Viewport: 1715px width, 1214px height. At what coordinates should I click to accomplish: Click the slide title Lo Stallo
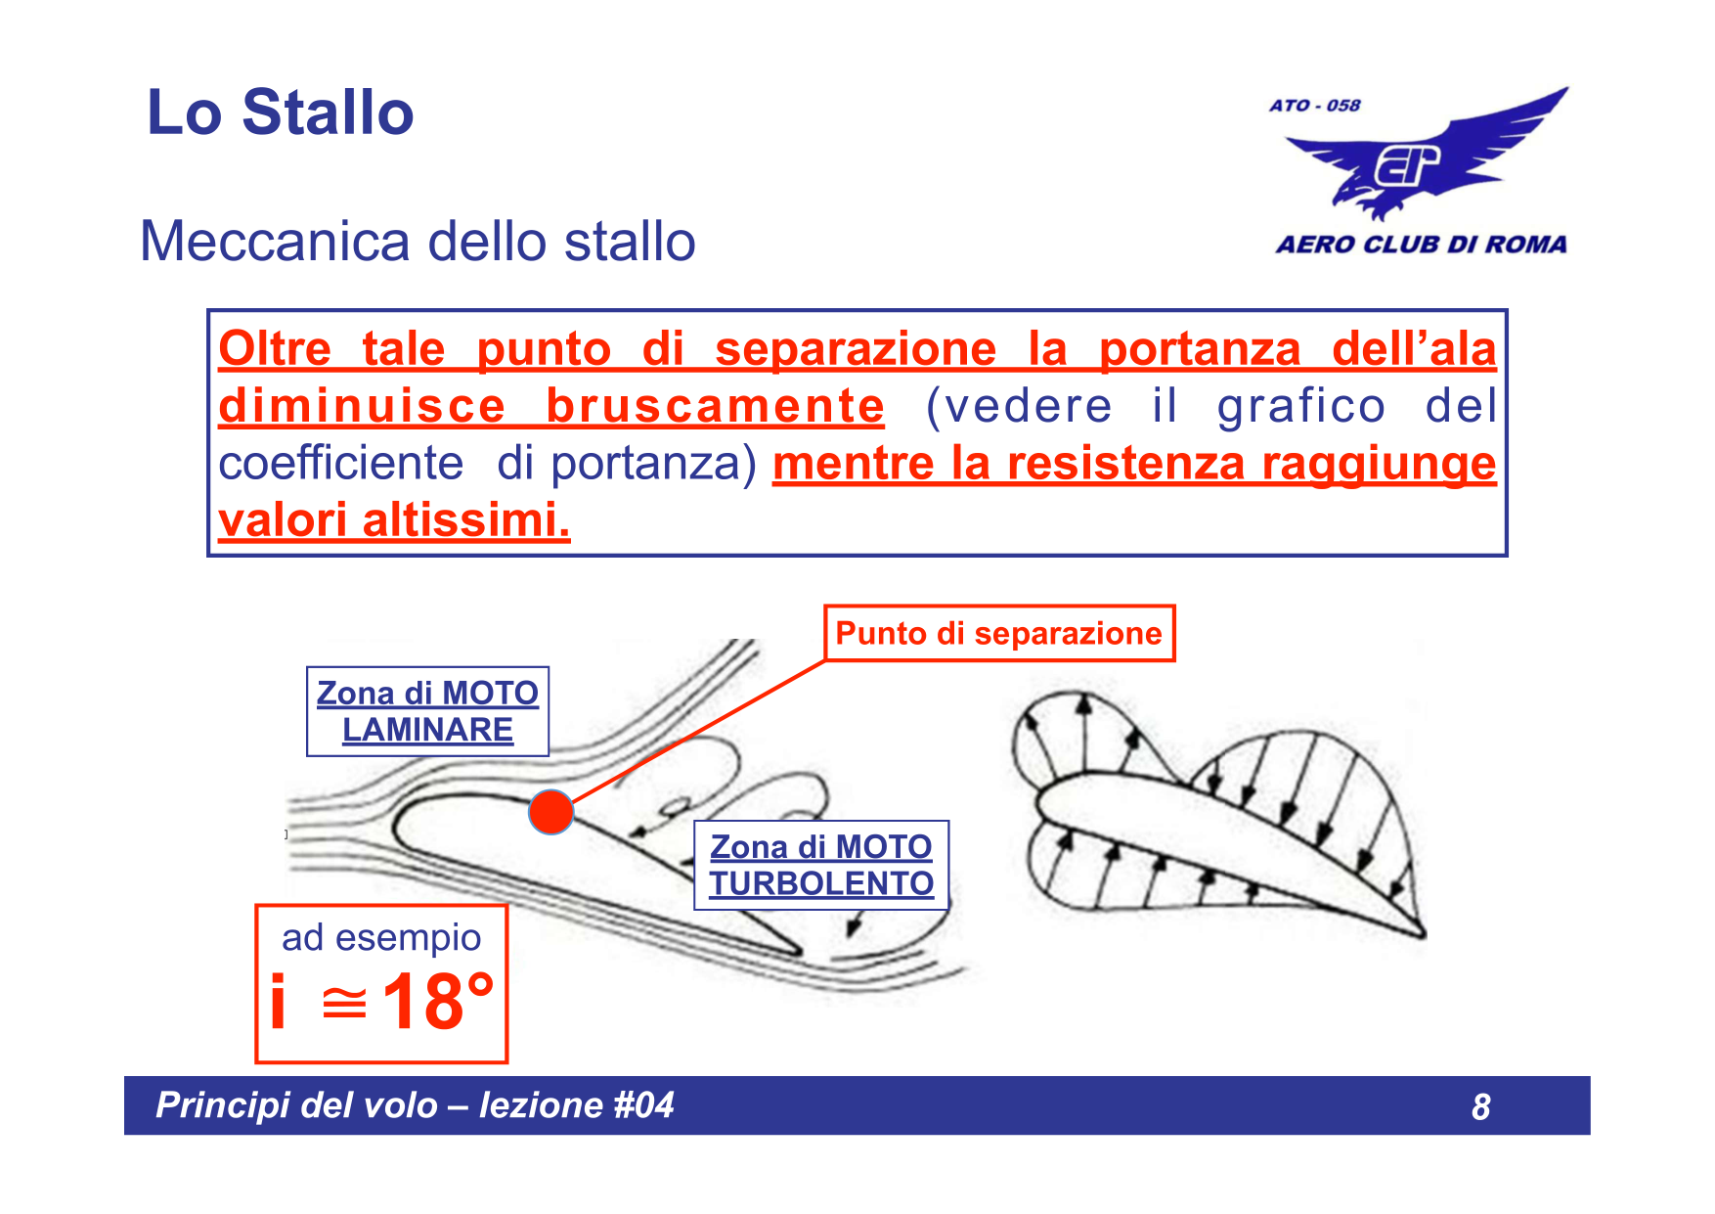pos(280,112)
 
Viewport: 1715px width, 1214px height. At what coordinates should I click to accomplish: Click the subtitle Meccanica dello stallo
pos(418,242)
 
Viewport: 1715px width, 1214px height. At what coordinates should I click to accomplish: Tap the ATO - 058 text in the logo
pos(1314,106)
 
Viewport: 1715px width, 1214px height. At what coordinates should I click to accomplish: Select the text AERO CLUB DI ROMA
pos(1420,245)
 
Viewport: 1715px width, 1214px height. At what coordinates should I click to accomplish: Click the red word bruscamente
pos(715,407)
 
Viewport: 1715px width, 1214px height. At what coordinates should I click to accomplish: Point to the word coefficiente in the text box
pos(340,464)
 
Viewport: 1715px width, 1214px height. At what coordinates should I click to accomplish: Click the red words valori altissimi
pos(393,520)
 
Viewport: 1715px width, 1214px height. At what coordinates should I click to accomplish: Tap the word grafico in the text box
pos(1300,407)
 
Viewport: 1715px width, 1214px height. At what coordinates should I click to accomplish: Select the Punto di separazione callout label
pos(998,634)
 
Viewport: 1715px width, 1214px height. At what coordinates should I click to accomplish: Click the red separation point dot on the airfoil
pos(550,812)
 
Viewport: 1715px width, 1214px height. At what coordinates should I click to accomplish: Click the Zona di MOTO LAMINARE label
pos(427,712)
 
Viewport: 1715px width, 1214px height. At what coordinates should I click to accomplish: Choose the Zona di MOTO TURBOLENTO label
pos(821,866)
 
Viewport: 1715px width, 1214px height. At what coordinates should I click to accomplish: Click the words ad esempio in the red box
pos(381,938)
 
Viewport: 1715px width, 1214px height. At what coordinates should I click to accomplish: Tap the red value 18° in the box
pos(438,1002)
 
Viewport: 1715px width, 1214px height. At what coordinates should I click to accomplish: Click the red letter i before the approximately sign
pos(279,1002)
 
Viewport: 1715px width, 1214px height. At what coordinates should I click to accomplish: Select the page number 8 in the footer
pos(1480,1107)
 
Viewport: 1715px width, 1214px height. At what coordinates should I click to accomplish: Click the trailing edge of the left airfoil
pos(797,950)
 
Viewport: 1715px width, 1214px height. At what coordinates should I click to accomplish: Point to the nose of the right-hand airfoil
pos(1042,802)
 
